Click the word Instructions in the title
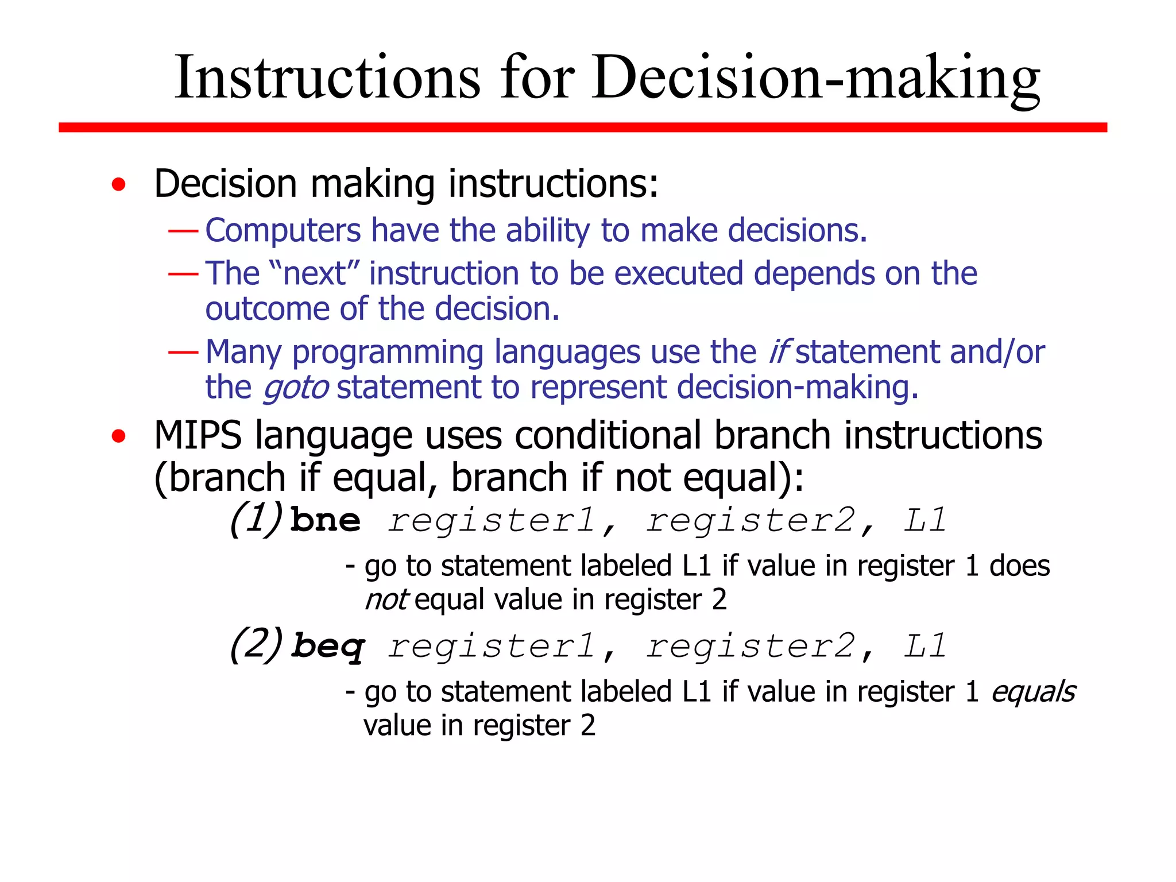pos(327,78)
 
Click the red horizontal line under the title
pos(582,127)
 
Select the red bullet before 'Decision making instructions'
pos(119,185)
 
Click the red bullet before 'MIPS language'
pos(119,436)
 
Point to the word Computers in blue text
pos(283,231)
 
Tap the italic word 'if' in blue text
pos(779,351)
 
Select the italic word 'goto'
pos(296,388)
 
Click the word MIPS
pos(198,435)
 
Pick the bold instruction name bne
pos(326,520)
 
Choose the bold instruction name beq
pos(327,647)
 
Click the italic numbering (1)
pos(257,519)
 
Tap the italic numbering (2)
pos(257,645)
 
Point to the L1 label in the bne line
pos(924,520)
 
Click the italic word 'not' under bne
pos(386,600)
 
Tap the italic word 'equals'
pos(1033,692)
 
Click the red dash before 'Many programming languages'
pos(183,351)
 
